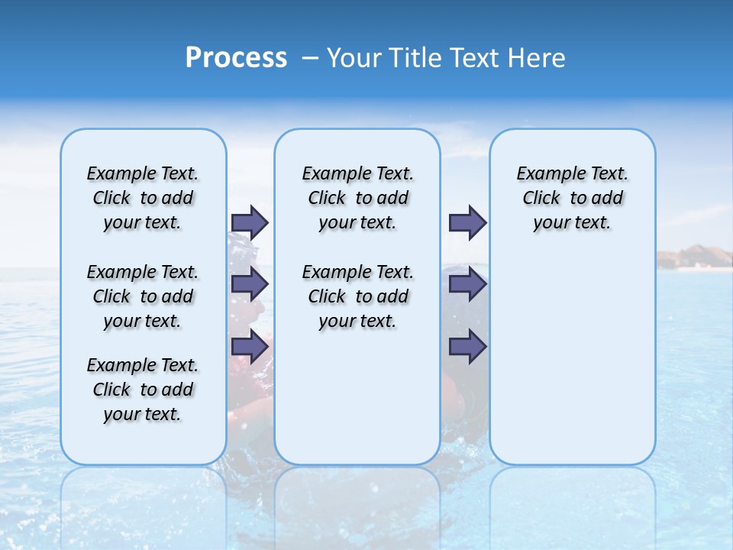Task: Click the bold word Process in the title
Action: pyautogui.click(x=236, y=57)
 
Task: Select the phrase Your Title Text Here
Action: pyautogui.click(x=446, y=58)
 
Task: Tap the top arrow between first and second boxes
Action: pyautogui.click(x=250, y=222)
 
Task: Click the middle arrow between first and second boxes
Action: pyautogui.click(x=250, y=284)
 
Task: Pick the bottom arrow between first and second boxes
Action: pyautogui.click(x=250, y=347)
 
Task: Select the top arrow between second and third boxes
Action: pyautogui.click(x=467, y=222)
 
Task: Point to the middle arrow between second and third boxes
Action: pyautogui.click(x=467, y=284)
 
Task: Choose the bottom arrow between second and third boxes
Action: pyautogui.click(x=467, y=347)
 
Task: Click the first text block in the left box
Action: pyautogui.click(x=143, y=198)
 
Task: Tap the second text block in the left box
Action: pyautogui.click(x=143, y=296)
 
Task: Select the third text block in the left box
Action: pyautogui.click(x=143, y=390)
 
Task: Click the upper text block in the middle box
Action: pyautogui.click(x=357, y=198)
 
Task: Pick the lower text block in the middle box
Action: pyautogui.click(x=357, y=296)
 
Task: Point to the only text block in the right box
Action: pyautogui.click(x=572, y=198)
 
